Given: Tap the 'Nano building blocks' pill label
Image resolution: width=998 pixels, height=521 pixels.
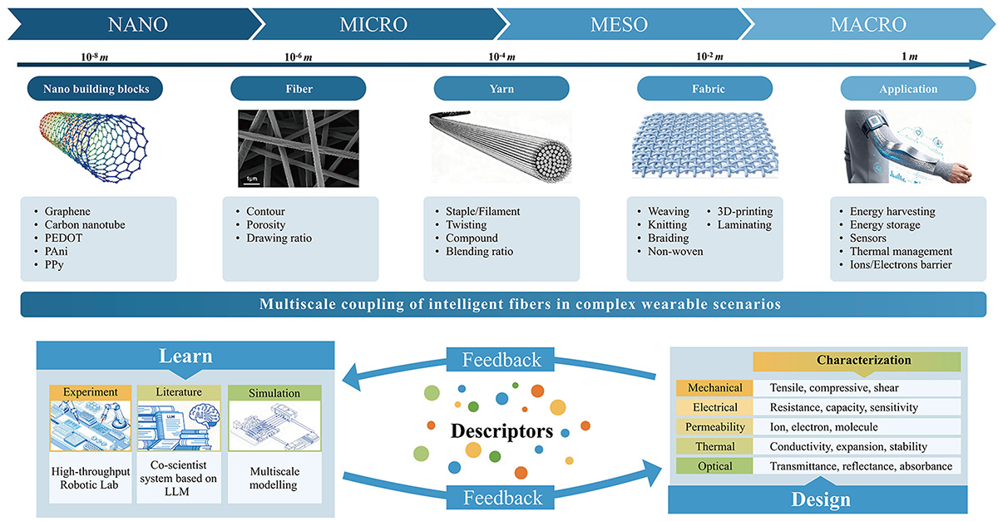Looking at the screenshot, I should point(94,89).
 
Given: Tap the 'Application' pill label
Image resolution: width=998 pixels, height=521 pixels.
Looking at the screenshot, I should point(907,89).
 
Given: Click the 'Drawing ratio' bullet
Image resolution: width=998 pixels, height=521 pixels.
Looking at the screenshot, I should point(279,238).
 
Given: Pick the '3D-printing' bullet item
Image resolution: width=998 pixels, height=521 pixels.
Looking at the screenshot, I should point(745,211).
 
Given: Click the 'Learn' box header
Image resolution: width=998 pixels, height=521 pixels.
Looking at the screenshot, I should point(185,356).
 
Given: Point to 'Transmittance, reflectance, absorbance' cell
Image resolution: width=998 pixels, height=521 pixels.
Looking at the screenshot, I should point(861,466).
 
